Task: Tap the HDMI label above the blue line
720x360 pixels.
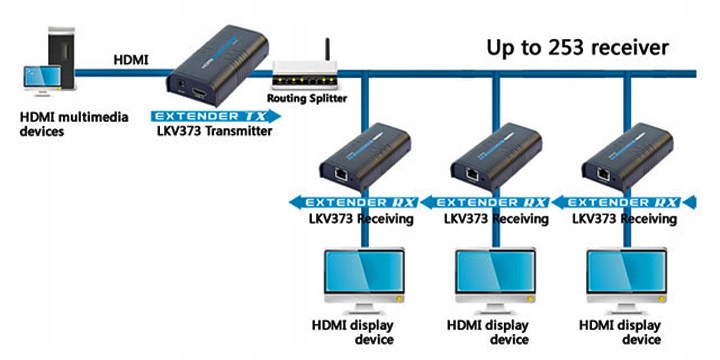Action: (x=131, y=60)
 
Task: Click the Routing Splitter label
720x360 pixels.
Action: (x=307, y=98)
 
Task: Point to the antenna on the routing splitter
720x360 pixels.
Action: (x=328, y=50)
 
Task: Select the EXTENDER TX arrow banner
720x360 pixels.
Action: (x=215, y=116)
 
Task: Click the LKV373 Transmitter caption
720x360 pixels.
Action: (x=214, y=131)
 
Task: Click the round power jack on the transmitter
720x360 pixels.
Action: (x=182, y=85)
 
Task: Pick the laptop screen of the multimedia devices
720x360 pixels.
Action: (x=43, y=77)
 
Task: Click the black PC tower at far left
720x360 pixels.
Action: (x=61, y=57)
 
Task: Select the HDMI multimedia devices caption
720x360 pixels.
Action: (x=73, y=124)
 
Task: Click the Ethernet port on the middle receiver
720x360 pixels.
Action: (x=473, y=174)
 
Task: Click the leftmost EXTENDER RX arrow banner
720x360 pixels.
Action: (x=354, y=202)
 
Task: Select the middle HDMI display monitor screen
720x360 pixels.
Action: (x=495, y=271)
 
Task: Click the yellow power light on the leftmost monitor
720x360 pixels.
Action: (x=399, y=299)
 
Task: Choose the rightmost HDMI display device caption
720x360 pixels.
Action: (x=620, y=333)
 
